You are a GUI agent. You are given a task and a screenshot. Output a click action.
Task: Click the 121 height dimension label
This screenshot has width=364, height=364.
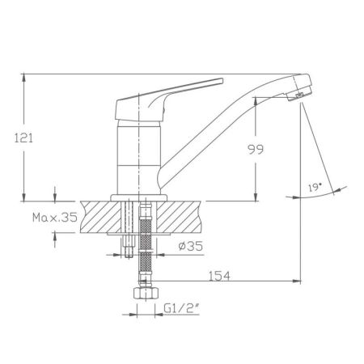click(23, 138)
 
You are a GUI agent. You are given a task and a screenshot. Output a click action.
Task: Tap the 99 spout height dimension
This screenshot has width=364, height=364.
click(256, 149)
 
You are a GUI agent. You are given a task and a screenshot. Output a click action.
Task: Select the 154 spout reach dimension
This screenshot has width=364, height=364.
click(219, 276)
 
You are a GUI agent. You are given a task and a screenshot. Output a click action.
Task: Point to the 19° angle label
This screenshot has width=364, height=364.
click(315, 188)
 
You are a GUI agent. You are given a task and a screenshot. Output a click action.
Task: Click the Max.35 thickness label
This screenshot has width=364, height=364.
click(55, 217)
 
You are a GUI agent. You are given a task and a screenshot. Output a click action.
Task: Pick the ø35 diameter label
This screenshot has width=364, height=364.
click(191, 246)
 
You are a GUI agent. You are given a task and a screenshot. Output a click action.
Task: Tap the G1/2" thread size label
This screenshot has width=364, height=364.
click(181, 308)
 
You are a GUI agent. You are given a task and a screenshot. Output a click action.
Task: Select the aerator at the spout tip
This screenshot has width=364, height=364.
click(299, 95)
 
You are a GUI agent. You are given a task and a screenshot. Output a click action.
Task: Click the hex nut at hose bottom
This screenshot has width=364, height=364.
click(146, 293)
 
